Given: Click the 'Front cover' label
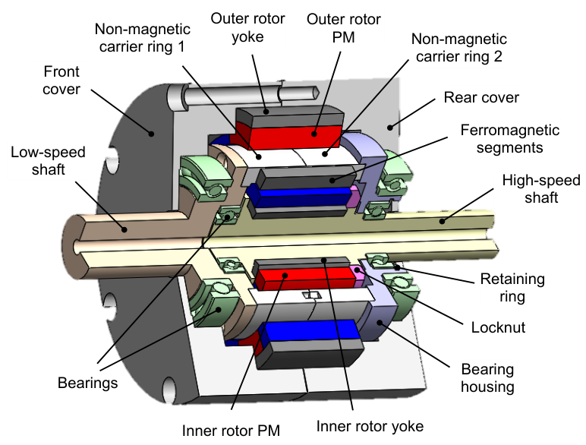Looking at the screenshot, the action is pyautogui.click(x=61, y=80).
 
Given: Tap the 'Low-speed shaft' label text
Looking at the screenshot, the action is pyautogui.click(x=49, y=161).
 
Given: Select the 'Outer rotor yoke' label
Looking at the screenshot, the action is pyautogui.click(x=247, y=27).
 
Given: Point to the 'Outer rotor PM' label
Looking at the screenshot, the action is pyautogui.click(x=343, y=28).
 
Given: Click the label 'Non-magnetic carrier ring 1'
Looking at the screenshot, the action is pyautogui.click(x=143, y=38).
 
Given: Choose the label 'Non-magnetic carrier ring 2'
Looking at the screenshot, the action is pyautogui.click(x=459, y=48).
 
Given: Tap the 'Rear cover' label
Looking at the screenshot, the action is pyautogui.click(x=481, y=98).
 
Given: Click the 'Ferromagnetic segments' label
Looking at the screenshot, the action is pyautogui.click(x=510, y=139).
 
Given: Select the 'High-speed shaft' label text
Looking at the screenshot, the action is pyautogui.click(x=541, y=189).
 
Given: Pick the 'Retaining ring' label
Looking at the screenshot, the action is pyautogui.click(x=512, y=288).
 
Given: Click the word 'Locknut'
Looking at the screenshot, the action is pyautogui.click(x=498, y=327).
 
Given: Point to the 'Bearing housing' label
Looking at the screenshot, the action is pyautogui.click(x=487, y=378).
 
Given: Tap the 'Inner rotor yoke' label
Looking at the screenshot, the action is pyautogui.click(x=370, y=426).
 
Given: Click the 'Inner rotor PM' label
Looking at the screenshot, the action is pyautogui.click(x=231, y=431).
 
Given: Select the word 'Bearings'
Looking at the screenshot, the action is pyautogui.click(x=88, y=383).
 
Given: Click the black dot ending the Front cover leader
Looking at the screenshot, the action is pyautogui.click(x=151, y=134).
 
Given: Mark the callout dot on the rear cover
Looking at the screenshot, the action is pyautogui.click(x=390, y=128).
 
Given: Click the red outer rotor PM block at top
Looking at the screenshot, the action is pyautogui.click(x=295, y=137).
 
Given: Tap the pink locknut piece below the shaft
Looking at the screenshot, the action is pyautogui.click(x=358, y=274).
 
